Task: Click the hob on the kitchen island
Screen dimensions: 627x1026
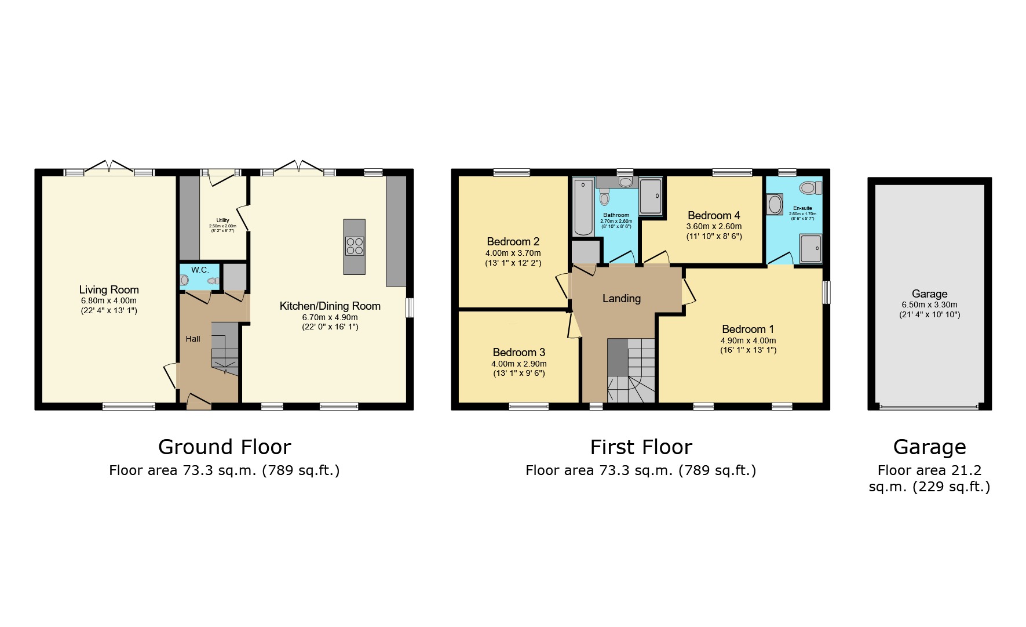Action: pos(354,246)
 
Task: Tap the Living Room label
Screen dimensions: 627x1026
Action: pos(109,290)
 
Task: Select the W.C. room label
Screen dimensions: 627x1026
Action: pos(200,270)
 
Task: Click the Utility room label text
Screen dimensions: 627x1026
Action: pos(222,220)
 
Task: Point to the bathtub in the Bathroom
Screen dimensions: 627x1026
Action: pos(583,207)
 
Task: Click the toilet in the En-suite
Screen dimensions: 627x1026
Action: pos(810,188)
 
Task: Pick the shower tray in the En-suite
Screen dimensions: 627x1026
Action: pos(810,249)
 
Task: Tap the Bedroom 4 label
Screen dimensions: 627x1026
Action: pos(713,216)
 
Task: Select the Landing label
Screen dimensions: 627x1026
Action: pos(621,299)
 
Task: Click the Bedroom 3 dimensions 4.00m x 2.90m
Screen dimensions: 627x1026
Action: pos(519,364)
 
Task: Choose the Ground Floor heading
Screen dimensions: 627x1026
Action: pos(224,447)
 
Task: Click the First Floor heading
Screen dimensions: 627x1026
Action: pos(641,447)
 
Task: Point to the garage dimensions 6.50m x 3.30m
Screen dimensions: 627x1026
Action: pos(929,305)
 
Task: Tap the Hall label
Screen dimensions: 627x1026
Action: pos(193,339)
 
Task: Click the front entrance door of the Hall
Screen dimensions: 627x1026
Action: pos(199,401)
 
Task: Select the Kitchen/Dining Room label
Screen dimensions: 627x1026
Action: pos(330,306)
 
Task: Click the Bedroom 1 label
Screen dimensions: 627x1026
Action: pos(747,329)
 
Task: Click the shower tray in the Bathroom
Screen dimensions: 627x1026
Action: pos(651,196)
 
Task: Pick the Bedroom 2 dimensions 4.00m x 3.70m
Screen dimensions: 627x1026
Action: pos(513,253)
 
